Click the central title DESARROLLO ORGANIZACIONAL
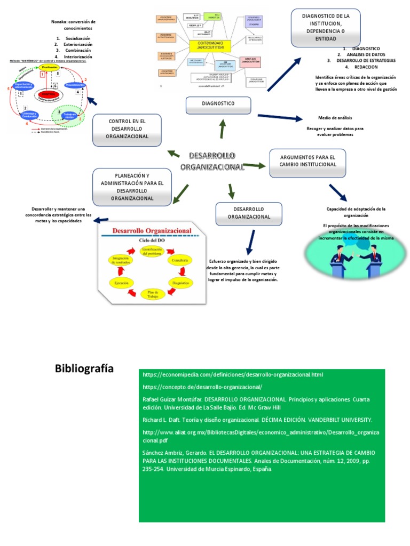[x=212, y=161]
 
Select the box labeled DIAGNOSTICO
[x=218, y=105]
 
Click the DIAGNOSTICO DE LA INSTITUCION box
[x=326, y=27]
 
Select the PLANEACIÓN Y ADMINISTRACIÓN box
[x=132, y=187]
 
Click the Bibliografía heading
[x=84, y=369]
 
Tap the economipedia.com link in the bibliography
[x=233, y=375]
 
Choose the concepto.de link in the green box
[x=202, y=387]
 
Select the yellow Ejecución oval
[x=121, y=282]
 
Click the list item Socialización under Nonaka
[x=78, y=38]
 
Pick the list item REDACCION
[x=366, y=67]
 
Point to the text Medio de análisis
[x=335, y=117]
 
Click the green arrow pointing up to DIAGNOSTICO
[x=222, y=128]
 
